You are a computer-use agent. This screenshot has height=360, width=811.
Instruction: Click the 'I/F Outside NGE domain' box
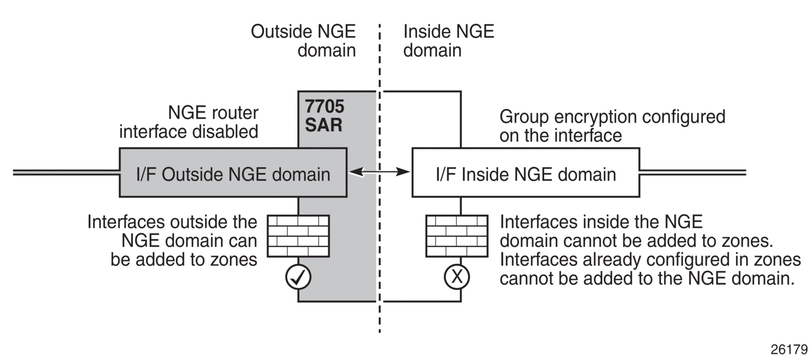point(233,172)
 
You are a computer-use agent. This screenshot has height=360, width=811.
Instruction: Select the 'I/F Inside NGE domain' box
point(526,172)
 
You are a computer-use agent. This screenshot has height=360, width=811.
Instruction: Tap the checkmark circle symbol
point(298,277)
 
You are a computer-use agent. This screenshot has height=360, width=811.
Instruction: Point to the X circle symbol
point(457,277)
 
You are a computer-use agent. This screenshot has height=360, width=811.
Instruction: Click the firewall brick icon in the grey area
point(298,236)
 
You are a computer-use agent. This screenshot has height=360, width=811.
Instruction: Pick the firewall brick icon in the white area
point(457,236)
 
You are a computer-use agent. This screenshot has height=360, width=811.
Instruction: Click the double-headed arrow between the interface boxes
point(379,172)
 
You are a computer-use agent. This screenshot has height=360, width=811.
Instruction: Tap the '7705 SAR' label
point(324,115)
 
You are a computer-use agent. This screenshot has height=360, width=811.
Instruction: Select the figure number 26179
point(789,349)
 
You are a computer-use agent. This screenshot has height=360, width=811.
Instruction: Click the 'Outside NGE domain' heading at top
point(303,41)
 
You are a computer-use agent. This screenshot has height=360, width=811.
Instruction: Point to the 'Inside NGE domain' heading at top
point(449,41)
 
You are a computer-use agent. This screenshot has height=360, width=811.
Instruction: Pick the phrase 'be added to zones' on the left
point(184,259)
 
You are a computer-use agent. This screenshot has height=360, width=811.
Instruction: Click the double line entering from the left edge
point(66,172)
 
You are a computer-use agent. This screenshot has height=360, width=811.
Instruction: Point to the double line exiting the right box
point(693,172)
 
